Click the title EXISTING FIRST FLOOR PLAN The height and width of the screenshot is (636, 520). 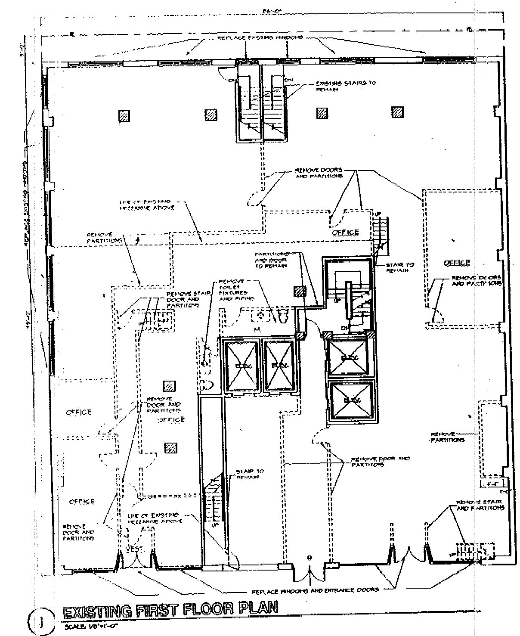[x=170, y=611]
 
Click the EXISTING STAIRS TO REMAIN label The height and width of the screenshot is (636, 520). [x=345, y=86]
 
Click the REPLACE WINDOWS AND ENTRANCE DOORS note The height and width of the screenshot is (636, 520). [x=313, y=589]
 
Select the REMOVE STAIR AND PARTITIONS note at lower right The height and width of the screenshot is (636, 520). [x=480, y=505]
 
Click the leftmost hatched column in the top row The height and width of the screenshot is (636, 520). [x=124, y=115]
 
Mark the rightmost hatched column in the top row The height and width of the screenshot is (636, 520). [x=397, y=112]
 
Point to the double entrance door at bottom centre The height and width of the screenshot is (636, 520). [x=309, y=571]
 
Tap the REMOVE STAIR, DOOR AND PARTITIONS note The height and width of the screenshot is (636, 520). [x=183, y=299]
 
